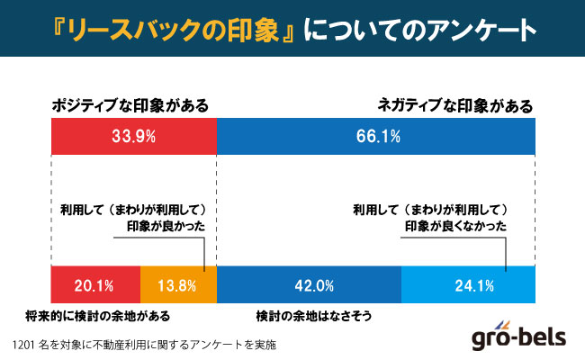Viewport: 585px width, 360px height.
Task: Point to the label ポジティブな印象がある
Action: (129, 105)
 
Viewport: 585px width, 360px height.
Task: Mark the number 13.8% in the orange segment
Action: (177, 286)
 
